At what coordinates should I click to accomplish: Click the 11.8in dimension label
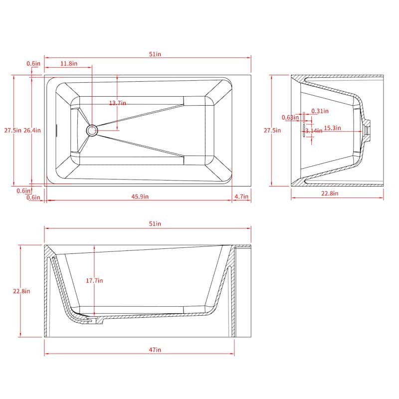point(69,64)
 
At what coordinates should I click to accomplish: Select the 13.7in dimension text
point(118,103)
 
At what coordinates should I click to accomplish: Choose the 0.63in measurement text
point(289,118)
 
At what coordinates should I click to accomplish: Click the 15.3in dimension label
point(332,128)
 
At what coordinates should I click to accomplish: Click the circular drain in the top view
point(92,131)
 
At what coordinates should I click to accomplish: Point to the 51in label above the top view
point(155,54)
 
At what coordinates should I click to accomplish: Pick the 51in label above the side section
point(155,224)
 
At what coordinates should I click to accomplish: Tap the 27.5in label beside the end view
point(272,131)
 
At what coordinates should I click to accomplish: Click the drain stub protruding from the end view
point(368,130)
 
